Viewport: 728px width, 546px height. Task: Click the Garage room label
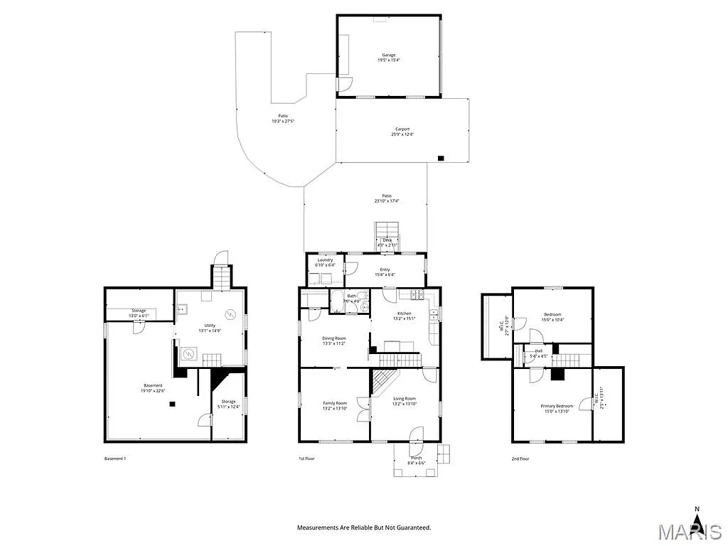388,55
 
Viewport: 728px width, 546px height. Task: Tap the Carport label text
402,129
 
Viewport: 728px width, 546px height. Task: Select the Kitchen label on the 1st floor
404,313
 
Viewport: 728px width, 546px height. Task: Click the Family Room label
334,403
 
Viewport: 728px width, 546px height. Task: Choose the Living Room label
405,399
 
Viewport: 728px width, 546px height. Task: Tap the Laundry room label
325,260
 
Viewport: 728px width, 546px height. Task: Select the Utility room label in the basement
210,326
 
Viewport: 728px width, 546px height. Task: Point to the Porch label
416,458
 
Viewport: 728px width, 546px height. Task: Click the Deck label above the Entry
387,240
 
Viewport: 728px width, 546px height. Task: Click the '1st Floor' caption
306,459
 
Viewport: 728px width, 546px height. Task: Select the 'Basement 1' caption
115,459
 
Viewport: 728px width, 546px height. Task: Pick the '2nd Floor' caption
520,459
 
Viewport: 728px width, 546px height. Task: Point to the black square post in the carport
441,158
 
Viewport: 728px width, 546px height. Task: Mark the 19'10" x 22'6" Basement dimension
152,390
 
